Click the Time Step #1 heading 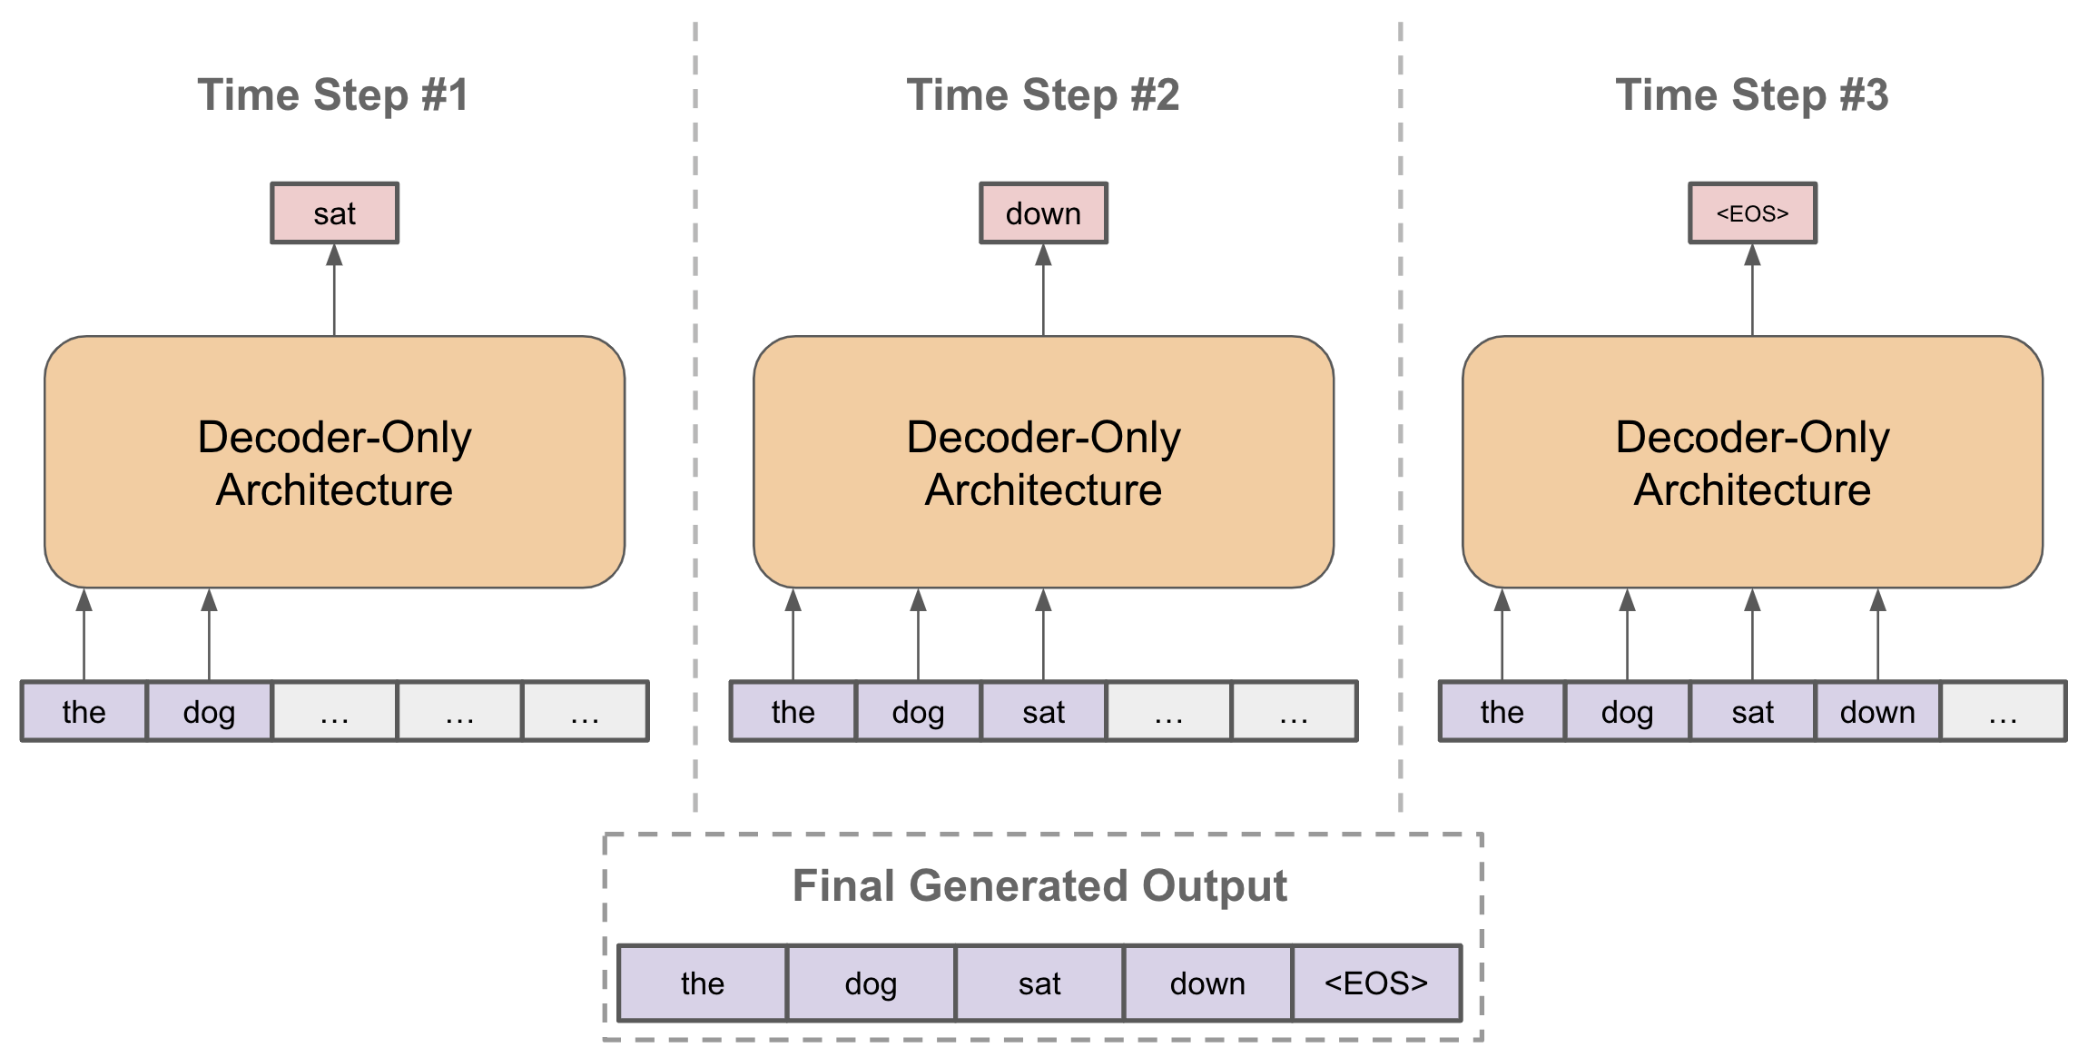pos(333,95)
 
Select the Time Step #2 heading pos(1043,95)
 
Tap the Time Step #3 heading pos(1752,95)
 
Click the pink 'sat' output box pos(334,213)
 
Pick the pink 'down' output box pos(1043,213)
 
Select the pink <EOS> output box pos(1752,213)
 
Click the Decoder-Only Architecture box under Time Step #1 pos(334,462)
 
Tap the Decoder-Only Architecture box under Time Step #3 pos(1752,462)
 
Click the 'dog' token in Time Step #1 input pos(209,712)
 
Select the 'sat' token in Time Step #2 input pos(1043,712)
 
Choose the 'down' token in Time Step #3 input pos(1877,712)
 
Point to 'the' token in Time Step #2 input pos(793,712)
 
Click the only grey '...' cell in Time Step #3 pos(2003,712)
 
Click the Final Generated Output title pos(1039,885)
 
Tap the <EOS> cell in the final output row pos(1376,983)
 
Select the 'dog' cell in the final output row pos(871,983)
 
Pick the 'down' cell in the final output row pos(1207,983)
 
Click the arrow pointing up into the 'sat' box pos(334,291)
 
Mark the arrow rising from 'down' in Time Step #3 pos(1877,636)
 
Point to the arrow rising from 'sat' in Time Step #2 pos(1043,636)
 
